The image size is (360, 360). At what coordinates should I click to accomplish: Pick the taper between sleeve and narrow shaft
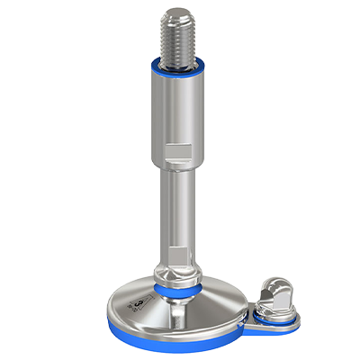coord(177,167)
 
